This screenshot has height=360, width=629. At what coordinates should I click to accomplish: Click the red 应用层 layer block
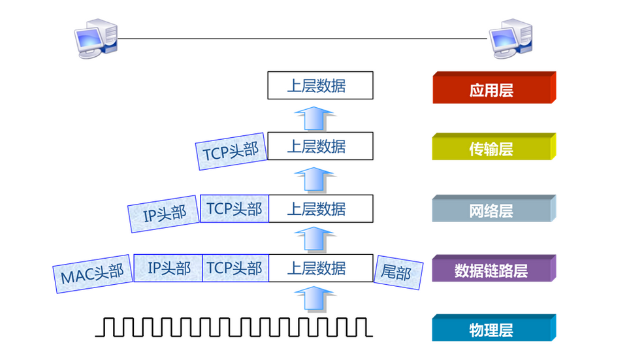point(492,89)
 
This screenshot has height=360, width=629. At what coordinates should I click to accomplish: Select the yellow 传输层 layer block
point(492,149)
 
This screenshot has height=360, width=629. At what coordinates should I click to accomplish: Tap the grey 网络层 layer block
point(492,210)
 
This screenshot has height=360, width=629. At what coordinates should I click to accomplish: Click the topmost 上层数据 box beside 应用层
point(320,86)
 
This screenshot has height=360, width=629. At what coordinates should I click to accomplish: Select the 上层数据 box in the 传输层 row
point(320,146)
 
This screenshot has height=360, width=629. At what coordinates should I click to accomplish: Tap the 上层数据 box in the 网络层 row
point(320,208)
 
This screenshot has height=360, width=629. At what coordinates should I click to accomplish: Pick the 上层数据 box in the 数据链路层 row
point(320,268)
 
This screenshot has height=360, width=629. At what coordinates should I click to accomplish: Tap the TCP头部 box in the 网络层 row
point(234,208)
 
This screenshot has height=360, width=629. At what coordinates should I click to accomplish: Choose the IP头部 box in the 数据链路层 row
point(169,268)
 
